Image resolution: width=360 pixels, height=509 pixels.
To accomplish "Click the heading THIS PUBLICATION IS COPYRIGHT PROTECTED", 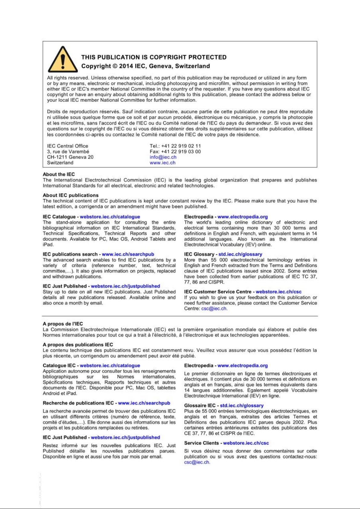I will point(154,57).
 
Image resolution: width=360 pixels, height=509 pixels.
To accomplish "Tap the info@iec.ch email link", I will point(163,157).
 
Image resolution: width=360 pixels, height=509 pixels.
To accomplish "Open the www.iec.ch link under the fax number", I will point(162,163).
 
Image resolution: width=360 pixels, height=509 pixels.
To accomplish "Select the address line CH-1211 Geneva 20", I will point(70,157).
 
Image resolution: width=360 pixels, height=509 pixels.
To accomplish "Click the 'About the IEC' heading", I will point(59,174).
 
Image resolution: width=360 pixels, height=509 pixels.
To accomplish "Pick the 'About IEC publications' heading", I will point(71,195).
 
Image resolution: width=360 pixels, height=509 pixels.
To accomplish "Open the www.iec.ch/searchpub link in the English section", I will point(128,254).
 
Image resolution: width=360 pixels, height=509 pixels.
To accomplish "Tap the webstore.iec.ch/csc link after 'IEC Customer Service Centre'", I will point(278,292).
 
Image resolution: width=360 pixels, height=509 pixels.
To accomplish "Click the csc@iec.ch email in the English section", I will point(214,309).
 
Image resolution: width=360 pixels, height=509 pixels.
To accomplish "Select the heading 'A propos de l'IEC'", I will point(63,324).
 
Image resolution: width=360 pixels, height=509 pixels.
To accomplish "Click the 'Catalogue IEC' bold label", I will point(59,366).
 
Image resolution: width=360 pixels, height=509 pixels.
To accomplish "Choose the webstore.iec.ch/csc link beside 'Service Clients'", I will point(246,443).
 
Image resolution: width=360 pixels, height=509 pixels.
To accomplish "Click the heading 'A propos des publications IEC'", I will point(78,345).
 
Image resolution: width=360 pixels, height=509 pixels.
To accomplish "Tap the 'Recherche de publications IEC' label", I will point(78,403).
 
